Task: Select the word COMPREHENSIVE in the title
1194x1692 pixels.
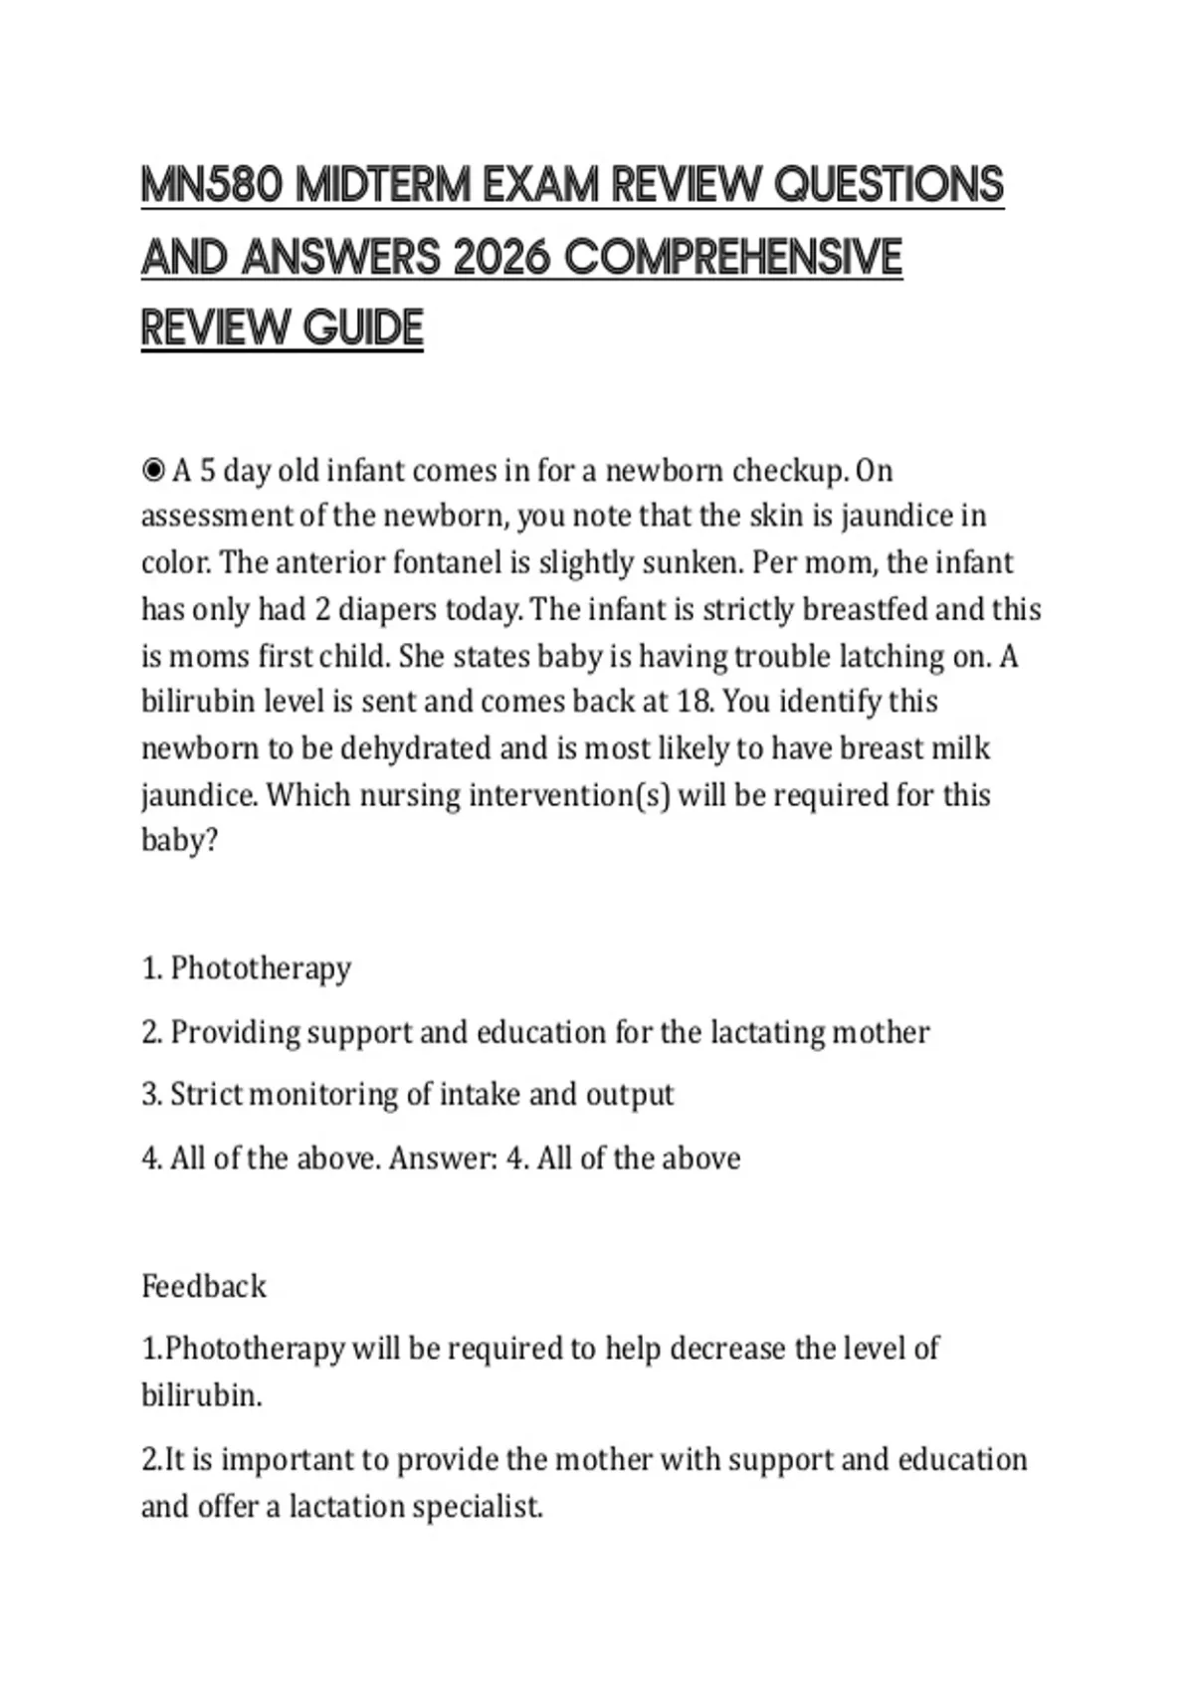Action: (x=732, y=258)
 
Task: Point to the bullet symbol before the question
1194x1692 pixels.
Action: (x=153, y=470)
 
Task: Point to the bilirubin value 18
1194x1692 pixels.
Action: (x=694, y=702)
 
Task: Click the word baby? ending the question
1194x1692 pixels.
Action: (x=179, y=841)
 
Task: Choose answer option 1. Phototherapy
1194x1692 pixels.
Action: (x=247, y=968)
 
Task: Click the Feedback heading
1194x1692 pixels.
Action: (x=204, y=1287)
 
